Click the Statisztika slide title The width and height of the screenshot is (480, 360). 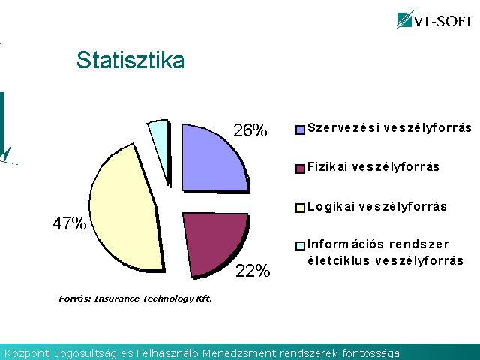(130, 60)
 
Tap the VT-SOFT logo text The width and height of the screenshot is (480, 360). (442, 22)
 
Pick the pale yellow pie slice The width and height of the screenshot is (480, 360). (125, 208)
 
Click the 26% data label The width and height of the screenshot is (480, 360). (250, 130)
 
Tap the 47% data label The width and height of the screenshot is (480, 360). (70, 223)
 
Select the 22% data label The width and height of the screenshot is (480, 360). (253, 271)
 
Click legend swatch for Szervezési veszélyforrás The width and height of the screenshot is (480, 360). (300, 130)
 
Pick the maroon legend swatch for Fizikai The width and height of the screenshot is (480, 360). (300, 169)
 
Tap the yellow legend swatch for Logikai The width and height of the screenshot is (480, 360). (300, 208)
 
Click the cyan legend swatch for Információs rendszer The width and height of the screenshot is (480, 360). (300, 246)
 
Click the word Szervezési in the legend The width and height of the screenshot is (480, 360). (342, 127)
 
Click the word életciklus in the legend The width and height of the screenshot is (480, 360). (339, 260)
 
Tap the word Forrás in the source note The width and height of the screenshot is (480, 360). (75, 298)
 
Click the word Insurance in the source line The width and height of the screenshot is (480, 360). (117, 298)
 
